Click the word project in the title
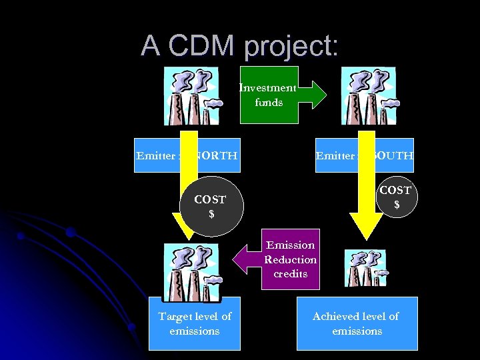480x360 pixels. (291, 47)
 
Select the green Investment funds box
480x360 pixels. (269, 95)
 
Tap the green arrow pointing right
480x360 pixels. (313, 95)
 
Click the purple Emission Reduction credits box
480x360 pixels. (290, 259)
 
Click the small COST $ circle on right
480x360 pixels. (396, 197)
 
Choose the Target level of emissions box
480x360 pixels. (195, 323)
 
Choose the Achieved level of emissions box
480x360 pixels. (357, 323)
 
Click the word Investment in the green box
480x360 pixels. (268, 88)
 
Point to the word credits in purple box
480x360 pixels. (290, 274)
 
